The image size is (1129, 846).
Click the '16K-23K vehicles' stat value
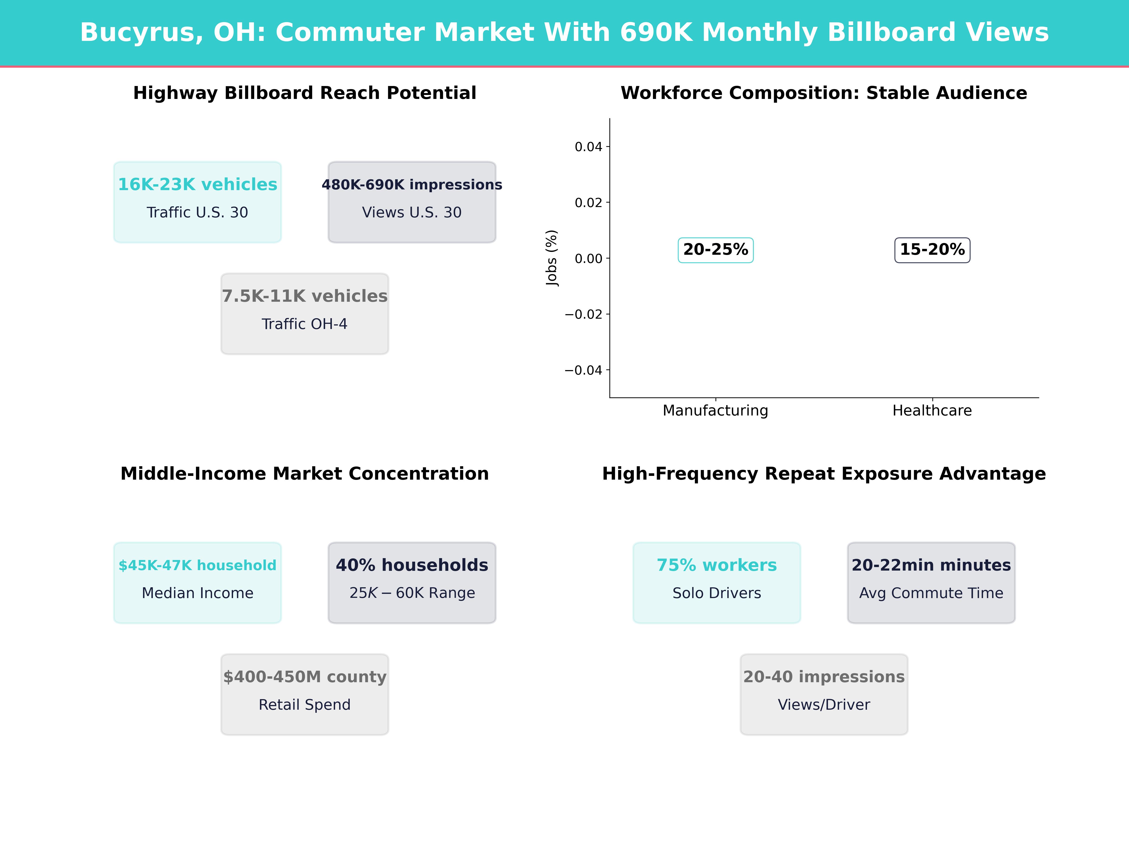(198, 185)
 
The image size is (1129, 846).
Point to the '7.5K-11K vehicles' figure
(305, 296)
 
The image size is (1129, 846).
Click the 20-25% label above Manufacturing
(716, 250)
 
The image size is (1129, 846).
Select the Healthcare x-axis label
(932, 411)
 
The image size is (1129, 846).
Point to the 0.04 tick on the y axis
(588, 147)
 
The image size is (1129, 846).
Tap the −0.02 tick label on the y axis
(583, 314)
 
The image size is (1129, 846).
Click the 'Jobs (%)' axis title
(552, 258)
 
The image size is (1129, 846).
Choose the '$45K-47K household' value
(198, 566)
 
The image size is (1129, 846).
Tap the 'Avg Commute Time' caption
(931, 593)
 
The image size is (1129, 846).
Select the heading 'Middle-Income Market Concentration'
(305, 474)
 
